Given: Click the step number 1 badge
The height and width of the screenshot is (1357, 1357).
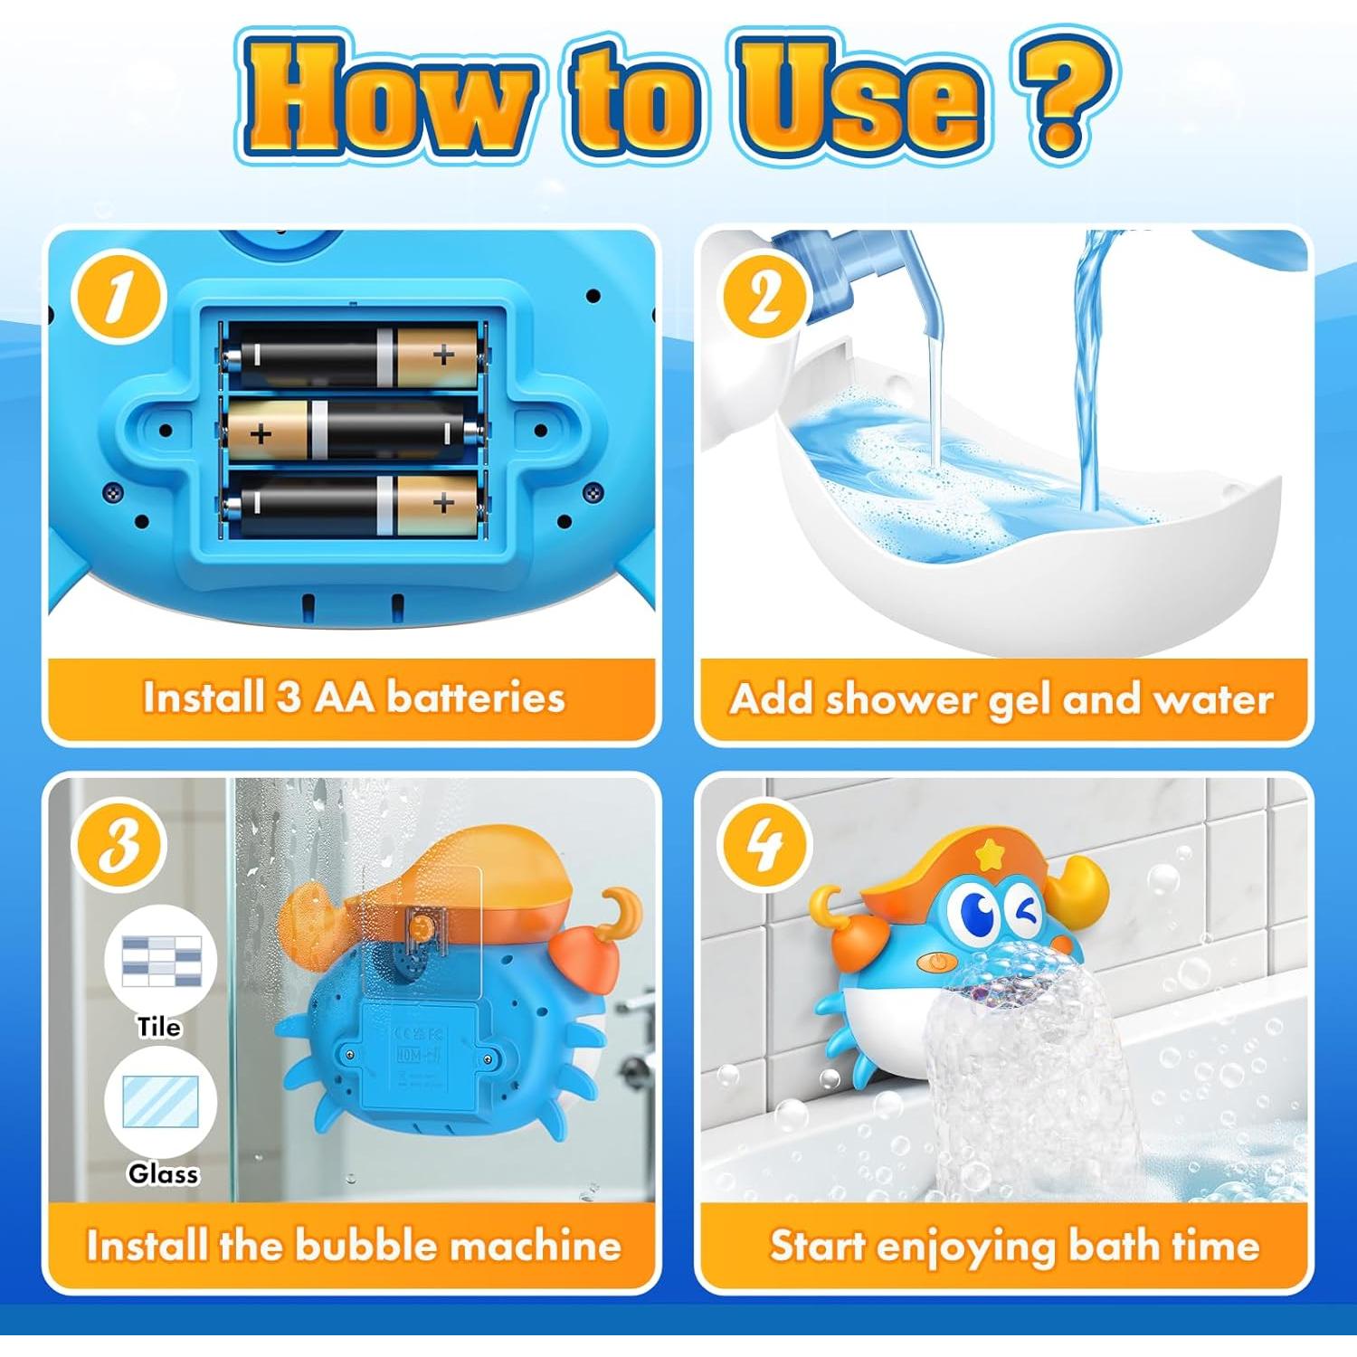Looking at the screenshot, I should (119, 298).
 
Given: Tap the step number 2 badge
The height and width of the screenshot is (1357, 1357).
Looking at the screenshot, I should (764, 298).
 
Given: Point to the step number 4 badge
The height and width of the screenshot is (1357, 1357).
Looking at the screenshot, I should (765, 847).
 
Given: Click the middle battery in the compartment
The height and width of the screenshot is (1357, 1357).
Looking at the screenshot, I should (353, 432).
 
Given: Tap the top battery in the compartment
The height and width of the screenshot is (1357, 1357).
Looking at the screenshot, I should (353, 356).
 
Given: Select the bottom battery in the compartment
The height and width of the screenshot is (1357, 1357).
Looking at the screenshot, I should (353, 504).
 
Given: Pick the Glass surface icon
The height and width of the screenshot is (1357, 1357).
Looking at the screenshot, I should (161, 1104).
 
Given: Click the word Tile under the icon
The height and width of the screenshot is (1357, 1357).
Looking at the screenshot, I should (159, 1027).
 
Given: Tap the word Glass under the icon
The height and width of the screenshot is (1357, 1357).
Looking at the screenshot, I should (163, 1173).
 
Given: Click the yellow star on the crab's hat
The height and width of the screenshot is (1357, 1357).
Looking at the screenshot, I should (992, 852).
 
